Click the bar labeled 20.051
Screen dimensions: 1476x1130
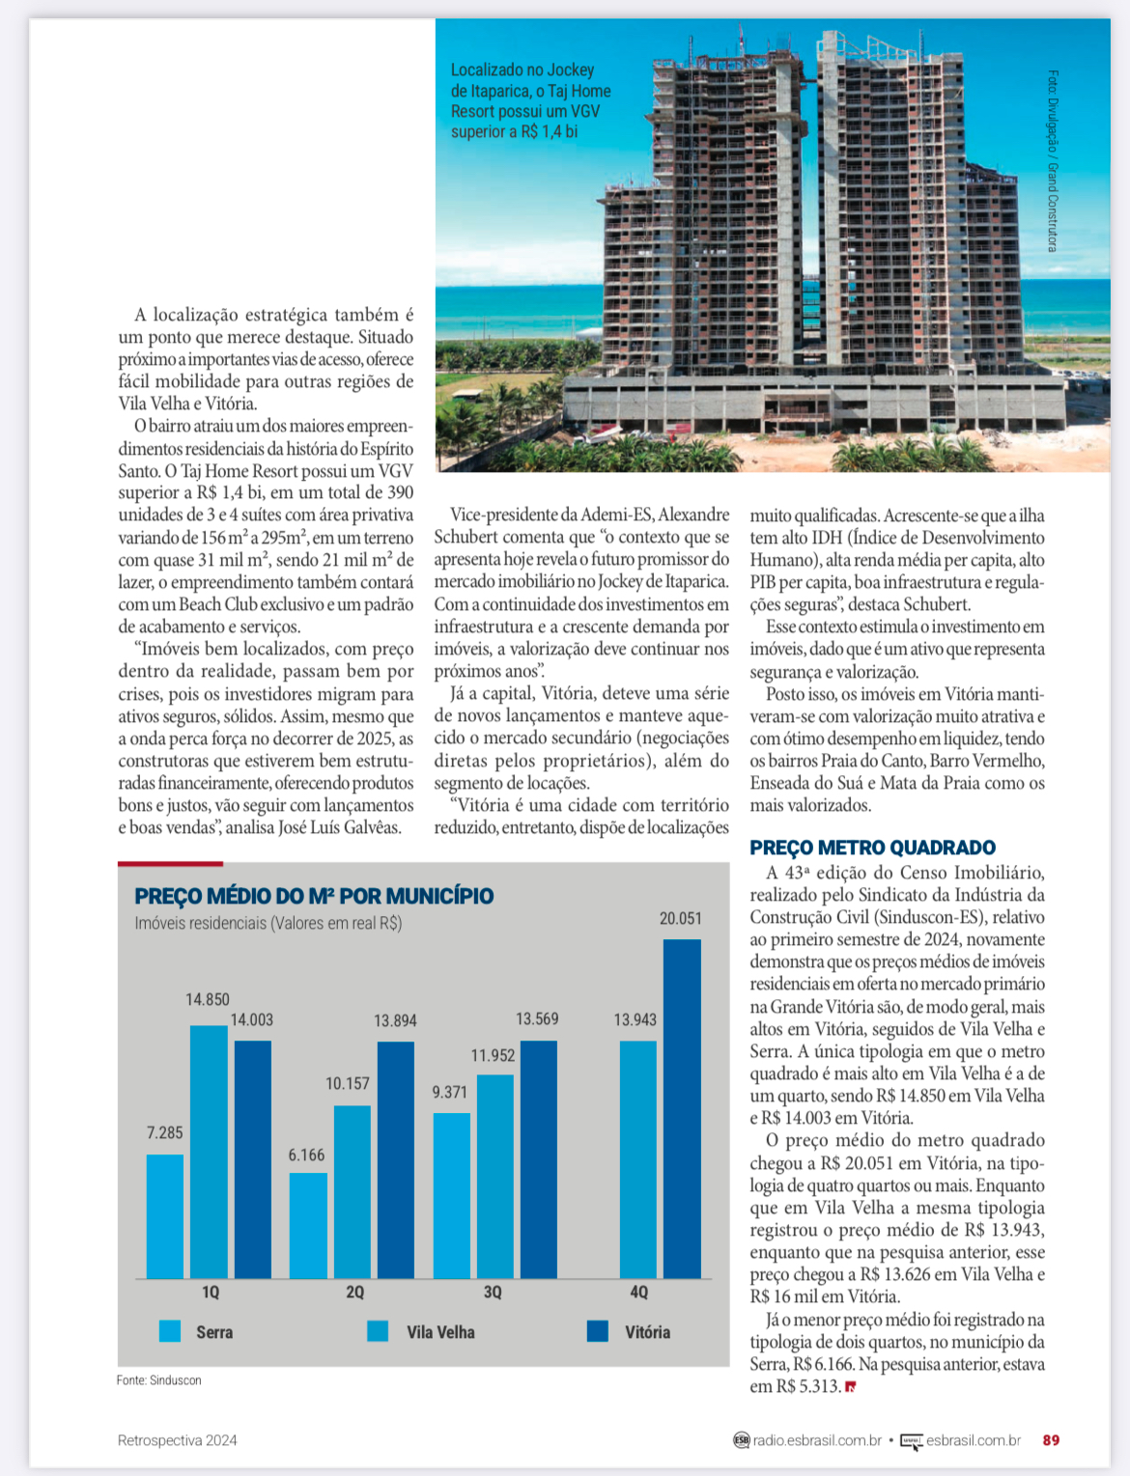point(682,1108)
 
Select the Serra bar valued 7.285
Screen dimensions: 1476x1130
point(165,1216)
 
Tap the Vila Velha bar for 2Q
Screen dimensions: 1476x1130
point(353,1192)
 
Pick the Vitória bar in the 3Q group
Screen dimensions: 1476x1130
point(538,1159)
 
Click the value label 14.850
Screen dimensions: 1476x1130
point(208,1000)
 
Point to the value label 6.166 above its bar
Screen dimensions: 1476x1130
point(306,1156)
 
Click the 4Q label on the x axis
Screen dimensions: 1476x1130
point(638,1293)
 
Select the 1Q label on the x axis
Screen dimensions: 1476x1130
point(211,1293)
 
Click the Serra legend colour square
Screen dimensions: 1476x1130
point(170,1331)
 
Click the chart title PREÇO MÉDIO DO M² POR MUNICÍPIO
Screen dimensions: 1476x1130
point(314,897)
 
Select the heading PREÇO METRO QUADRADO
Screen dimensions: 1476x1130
point(872,848)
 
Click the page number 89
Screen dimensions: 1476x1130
point(1051,1440)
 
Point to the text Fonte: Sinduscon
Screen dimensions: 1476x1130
point(159,1380)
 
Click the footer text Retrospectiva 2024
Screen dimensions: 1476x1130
point(177,1440)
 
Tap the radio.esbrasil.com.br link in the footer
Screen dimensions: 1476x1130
point(816,1440)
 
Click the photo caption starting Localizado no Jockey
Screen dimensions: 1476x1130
point(530,100)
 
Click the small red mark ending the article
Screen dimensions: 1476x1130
point(850,1387)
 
